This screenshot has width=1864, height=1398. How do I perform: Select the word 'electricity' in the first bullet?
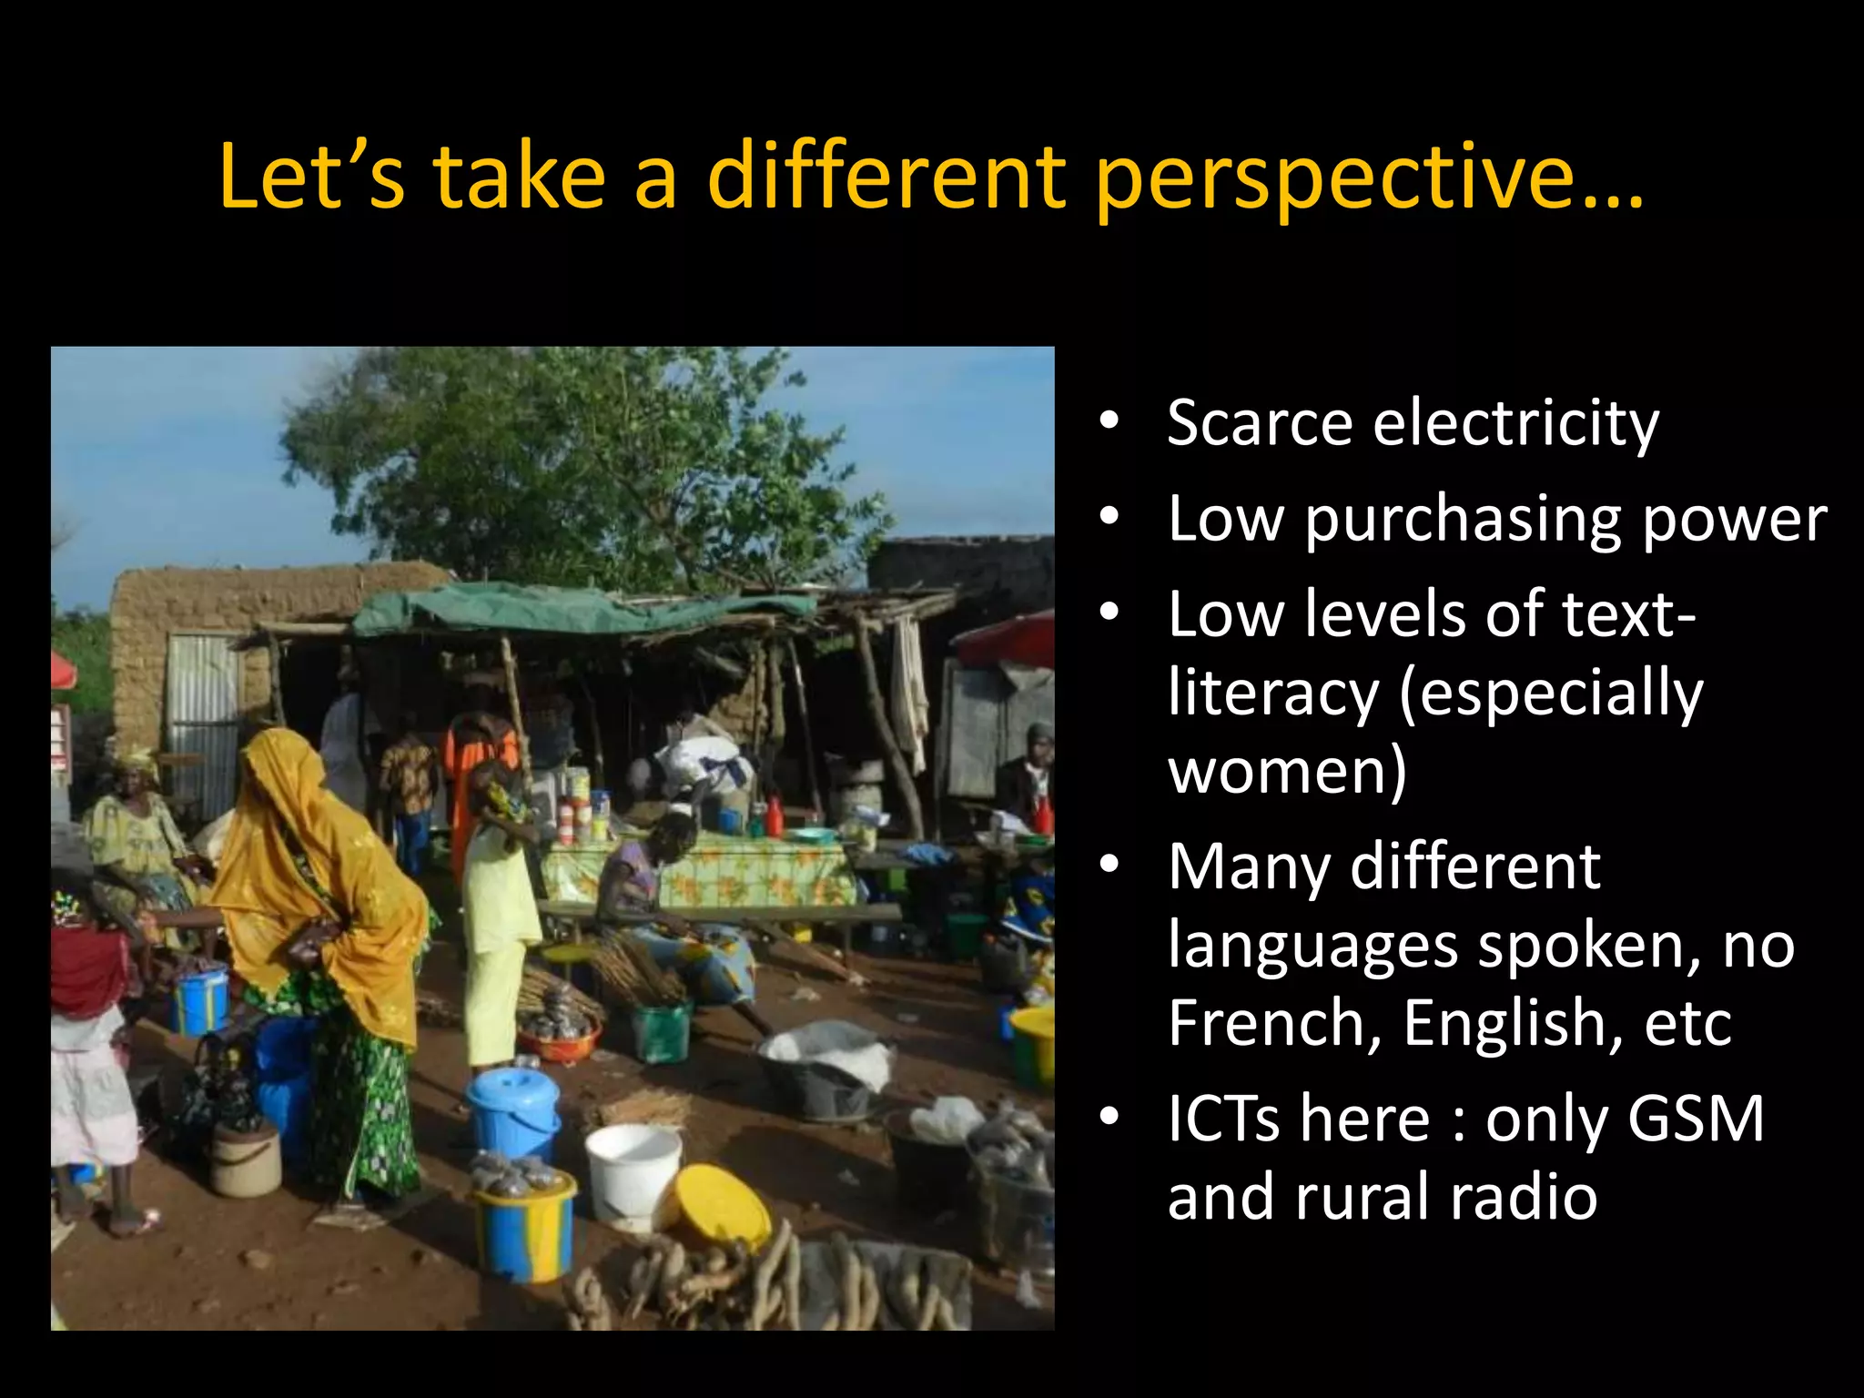(x=1515, y=424)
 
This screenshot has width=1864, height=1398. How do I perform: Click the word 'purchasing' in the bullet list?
(x=1463, y=521)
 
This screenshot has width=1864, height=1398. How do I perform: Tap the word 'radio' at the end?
(x=1524, y=1197)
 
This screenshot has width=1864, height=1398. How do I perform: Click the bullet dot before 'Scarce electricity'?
(x=1108, y=421)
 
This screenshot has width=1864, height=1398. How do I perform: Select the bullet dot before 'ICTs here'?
(x=1108, y=1117)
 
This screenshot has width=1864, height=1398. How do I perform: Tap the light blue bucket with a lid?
(x=513, y=1111)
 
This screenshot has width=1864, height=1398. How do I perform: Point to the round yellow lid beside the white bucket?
(x=719, y=1206)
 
